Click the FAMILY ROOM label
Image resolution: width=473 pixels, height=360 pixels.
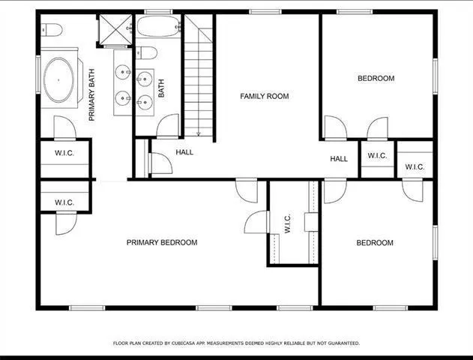264,96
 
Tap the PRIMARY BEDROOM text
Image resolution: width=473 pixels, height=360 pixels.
162,242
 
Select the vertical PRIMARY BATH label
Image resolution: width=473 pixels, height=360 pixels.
92,94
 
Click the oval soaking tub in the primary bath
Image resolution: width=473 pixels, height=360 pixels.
58,80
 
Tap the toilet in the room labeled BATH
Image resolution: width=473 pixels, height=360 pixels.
147,52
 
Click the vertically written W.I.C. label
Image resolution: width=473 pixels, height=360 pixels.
288,224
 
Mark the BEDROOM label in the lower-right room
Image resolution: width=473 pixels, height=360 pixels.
375,242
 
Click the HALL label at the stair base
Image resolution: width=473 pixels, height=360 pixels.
184,152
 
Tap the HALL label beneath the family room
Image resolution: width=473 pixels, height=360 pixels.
339,159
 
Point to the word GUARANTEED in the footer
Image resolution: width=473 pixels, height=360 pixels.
342,343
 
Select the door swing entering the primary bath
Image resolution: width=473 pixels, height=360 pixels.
65,127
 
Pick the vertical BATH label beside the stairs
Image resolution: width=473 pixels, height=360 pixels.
160,89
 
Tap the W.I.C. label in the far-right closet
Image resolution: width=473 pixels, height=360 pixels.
415,166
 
